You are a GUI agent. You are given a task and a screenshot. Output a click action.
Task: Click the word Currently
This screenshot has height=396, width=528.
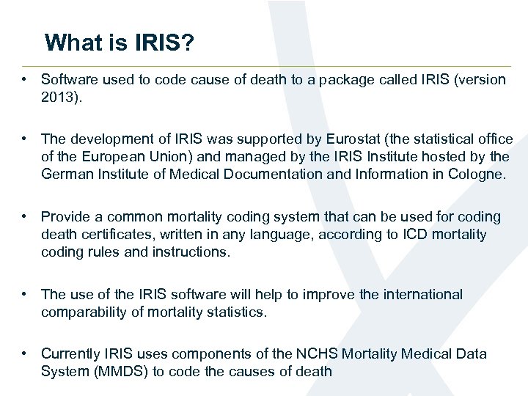click(x=72, y=353)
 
